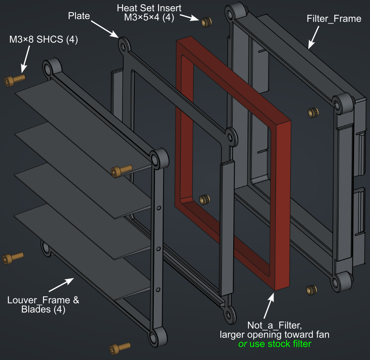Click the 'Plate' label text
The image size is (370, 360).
(x=79, y=16)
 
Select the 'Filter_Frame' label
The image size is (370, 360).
(x=334, y=19)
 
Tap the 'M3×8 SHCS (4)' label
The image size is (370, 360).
(x=44, y=40)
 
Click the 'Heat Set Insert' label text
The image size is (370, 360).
(x=149, y=8)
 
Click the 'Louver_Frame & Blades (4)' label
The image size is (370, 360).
(x=43, y=305)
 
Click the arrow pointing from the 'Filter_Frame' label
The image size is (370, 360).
(x=314, y=39)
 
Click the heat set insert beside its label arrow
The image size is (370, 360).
(x=206, y=22)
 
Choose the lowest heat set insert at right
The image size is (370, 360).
(x=311, y=290)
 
